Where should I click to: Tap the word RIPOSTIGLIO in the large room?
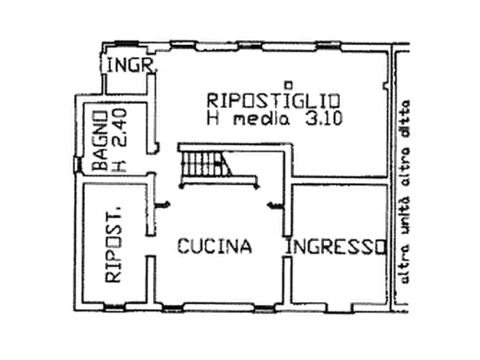coord(274,100)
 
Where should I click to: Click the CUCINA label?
coord(214,246)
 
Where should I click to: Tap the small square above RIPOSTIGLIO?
coord(289,83)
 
